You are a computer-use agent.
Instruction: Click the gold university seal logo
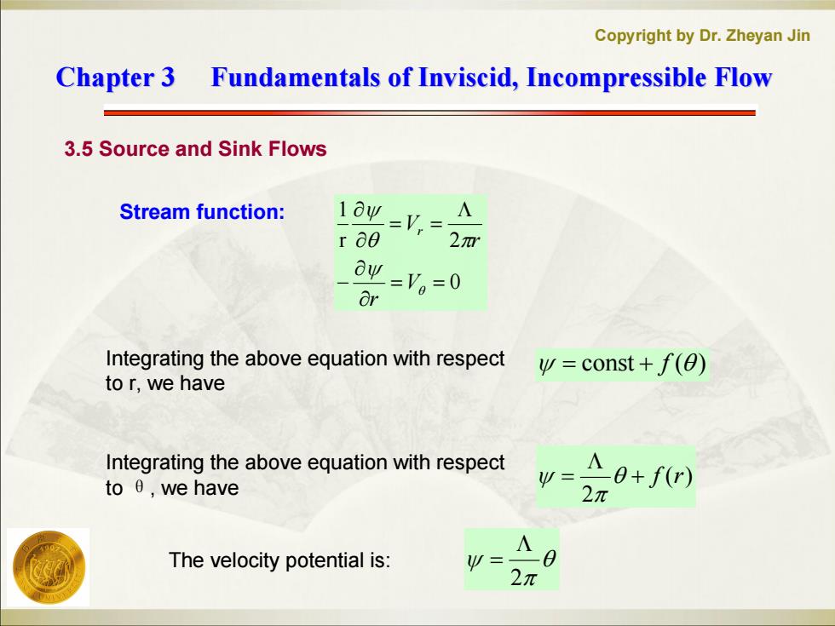(48, 567)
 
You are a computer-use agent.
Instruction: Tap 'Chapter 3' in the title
(116, 78)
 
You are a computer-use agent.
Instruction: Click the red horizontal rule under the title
(429, 112)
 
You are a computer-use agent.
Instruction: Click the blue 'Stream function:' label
(203, 212)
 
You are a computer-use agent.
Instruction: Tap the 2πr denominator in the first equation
(464, 241)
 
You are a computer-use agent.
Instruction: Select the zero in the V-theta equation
(455, 282)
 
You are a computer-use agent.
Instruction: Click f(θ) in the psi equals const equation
(681, 365)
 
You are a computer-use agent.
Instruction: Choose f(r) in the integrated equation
(671, 476)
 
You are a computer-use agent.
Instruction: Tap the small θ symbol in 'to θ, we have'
(139, 487)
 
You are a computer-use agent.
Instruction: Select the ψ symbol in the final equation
(475, 560)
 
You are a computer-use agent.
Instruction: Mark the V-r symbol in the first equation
(414, 224)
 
